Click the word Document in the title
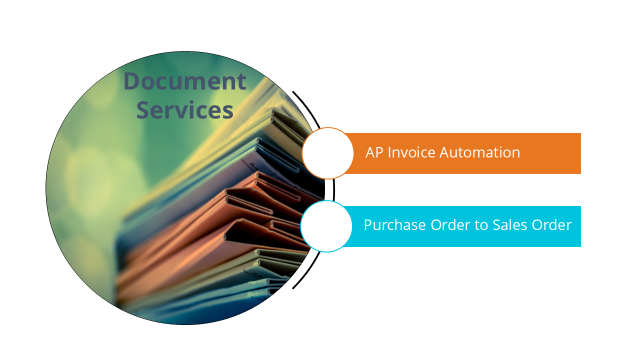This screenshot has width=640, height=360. click(185, 81)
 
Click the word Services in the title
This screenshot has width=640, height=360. click(185, 110)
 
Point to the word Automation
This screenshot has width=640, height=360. click(479, 152)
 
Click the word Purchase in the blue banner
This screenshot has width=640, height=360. click(395, 225)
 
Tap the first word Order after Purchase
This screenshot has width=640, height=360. click(450, 225)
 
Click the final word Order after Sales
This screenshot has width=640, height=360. click(551, 225)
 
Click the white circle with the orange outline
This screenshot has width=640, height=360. click(328, 153)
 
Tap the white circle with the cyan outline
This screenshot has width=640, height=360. click(326, 226)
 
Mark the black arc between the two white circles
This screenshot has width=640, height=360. click(333, 190)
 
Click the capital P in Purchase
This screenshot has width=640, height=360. click(368, 225)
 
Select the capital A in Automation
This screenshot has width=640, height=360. click(445, 152)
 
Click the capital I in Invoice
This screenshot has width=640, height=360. click(389, 152)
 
